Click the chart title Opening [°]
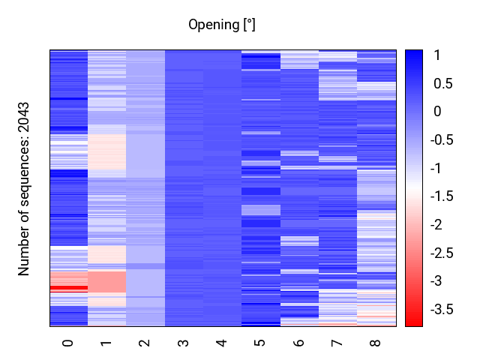[x=222, y=25]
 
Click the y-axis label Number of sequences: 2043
[x=25, y=189]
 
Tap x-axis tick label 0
[x=68, y=343]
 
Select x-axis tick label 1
[x=106, y=343]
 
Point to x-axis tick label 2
[x=145, y=343]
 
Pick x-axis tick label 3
[x=184, y=343]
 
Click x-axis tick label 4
[x=222, y=343]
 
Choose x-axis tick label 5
[x=260, y=343]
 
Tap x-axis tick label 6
[x=298, y=343]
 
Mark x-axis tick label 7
[x=337, y=343]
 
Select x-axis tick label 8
[x=376, y=343]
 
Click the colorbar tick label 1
[x=437, y=55]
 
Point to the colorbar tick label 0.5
[x=443, y=83]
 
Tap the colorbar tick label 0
[x=437, y=112]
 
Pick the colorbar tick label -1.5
[x=445, y=196]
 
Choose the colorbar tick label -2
[x=440, y=224]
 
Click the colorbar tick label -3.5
[x=445, y=309]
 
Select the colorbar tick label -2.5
[x=445, y=253]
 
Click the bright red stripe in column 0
[x=69, y=287]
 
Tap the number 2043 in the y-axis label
[x=25, y=120]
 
